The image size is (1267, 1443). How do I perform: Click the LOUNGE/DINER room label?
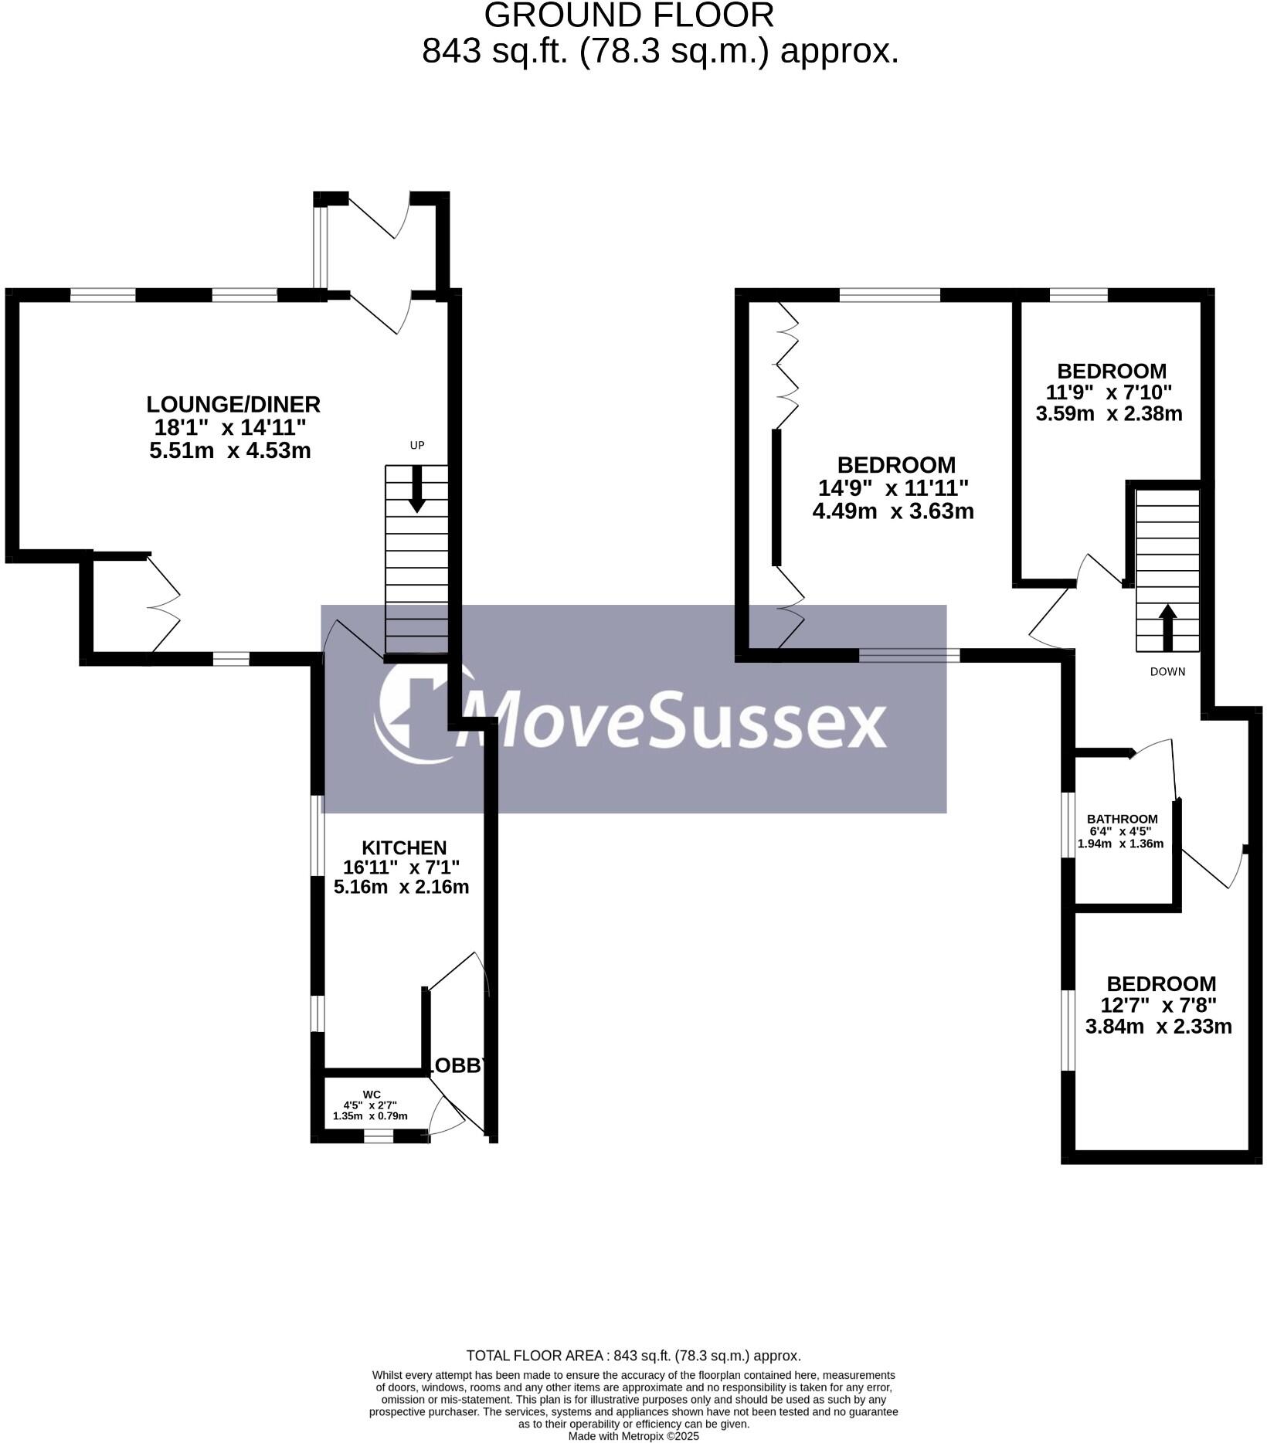click(233, 404)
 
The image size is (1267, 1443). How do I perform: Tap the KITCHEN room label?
click(405, 847)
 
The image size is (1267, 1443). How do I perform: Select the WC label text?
click(372, 1094)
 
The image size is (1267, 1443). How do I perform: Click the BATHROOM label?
click(1122, 819)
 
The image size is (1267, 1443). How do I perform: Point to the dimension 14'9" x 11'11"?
click(893, 488)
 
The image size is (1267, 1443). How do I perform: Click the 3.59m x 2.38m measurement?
click(1109, 413)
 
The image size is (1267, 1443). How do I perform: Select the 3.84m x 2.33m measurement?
click(1158, 1027)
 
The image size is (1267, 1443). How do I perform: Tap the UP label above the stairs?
click(417, 445)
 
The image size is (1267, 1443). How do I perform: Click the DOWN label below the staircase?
click(1167, 671)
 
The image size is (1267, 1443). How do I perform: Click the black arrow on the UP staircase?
click(417, 489)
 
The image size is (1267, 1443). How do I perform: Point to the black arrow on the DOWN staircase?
click(1167, 626)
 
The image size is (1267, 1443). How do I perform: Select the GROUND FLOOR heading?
click(629, 15)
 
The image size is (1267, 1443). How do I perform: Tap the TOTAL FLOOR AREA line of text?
click(633, 1355)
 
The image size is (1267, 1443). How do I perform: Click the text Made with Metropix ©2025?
click(633, 1436)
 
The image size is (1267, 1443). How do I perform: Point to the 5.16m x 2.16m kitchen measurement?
click(401, 886)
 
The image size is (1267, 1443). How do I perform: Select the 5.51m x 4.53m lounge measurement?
click(230, 450)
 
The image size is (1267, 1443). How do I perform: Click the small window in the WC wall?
click(379, 1136)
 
